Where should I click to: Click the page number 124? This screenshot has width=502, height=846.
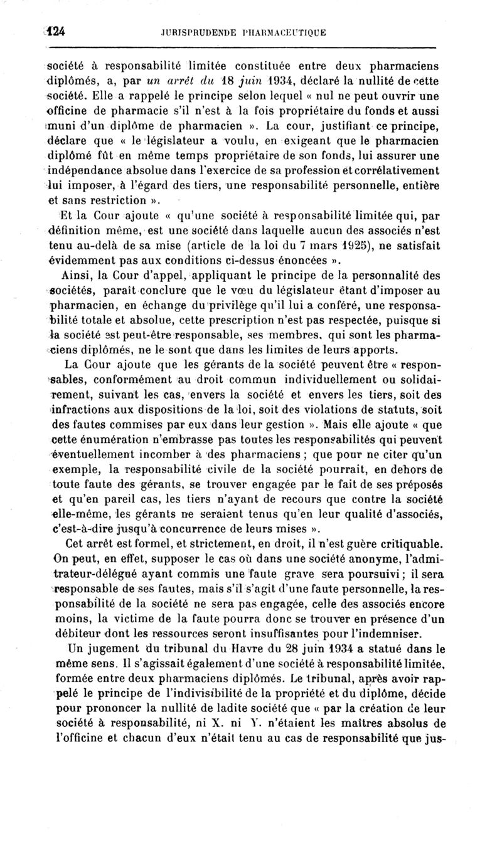pos(55,31)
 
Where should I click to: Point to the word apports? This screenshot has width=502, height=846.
pos(368,350)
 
